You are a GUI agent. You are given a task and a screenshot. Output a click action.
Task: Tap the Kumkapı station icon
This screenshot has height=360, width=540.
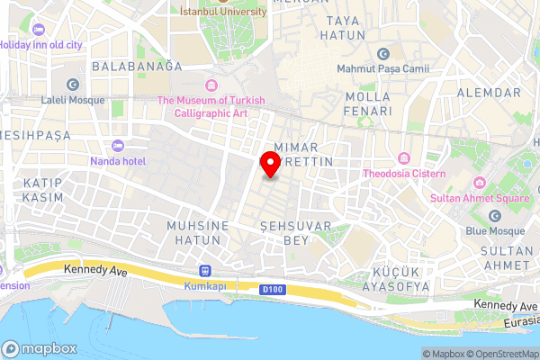[205, 269]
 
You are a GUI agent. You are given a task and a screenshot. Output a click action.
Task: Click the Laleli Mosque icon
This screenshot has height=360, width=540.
[72, 85]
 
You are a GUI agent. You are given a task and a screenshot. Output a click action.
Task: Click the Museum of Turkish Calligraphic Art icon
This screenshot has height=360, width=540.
[211, 86]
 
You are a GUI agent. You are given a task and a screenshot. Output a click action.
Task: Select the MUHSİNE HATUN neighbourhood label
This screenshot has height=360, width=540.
[193, 233]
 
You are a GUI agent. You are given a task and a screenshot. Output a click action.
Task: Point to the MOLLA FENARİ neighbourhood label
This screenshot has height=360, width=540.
[367, 103]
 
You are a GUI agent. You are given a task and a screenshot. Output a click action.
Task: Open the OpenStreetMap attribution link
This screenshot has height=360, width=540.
[501, 354]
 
